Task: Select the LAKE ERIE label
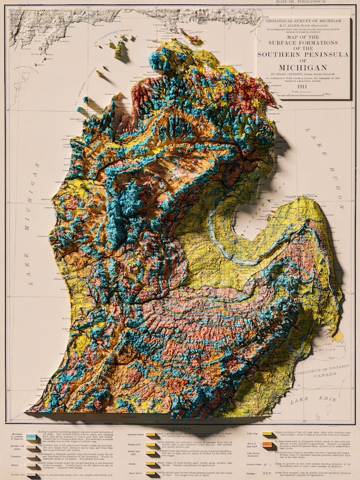click(303, 400)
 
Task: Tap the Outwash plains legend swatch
click(151, 435)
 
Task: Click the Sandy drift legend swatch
click(151, 445)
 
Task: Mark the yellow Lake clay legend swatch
click(264, 435)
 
